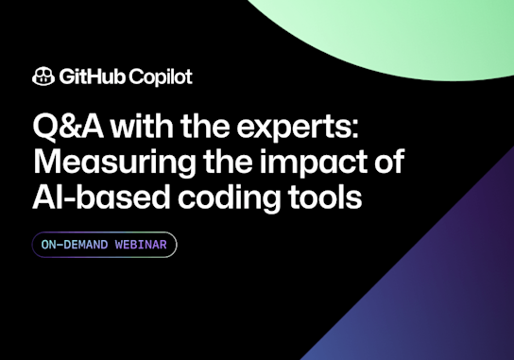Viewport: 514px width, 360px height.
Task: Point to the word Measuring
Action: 102,163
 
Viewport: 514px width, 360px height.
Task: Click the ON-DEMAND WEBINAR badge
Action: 104,245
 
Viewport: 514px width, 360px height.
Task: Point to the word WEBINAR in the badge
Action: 140,245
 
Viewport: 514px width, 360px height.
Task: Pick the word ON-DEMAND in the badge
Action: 73,245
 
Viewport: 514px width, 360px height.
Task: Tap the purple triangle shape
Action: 435,293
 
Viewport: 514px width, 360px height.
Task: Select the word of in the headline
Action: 387,163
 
